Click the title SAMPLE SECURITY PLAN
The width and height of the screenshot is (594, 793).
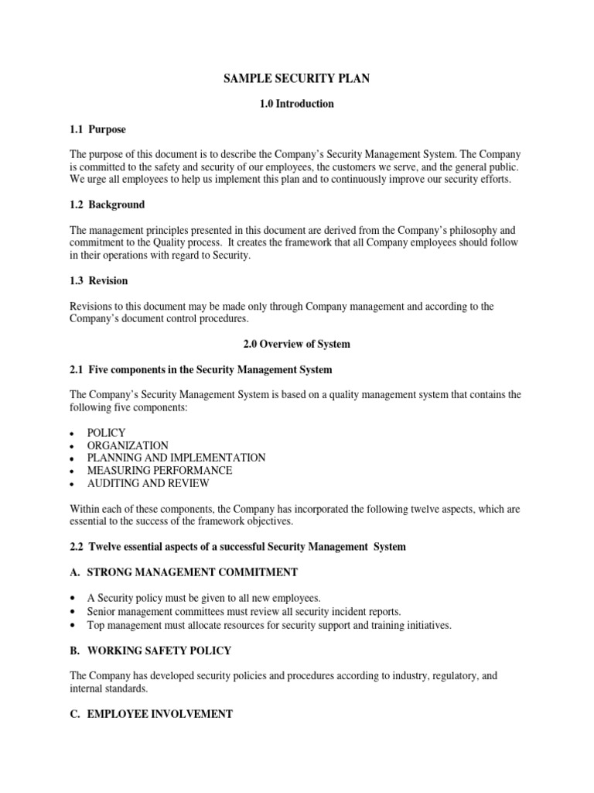(x=296, y=78)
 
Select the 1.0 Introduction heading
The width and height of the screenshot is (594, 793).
(x=297, y=104)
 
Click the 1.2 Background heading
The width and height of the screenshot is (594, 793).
(x=107, y=205)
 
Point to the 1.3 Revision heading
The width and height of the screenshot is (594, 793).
(x=99, y=280)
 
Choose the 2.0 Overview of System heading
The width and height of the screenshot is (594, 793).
(x=296, y=344)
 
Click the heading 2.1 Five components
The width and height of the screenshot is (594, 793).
(x=201, y=369)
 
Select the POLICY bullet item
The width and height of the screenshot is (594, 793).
(x=106, y=433)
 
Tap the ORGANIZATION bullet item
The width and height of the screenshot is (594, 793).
(x=128, y=445)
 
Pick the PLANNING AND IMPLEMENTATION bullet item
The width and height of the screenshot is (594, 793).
(x=176, y=458)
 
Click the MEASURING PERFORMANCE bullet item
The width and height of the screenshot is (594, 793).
(x=159, y=470)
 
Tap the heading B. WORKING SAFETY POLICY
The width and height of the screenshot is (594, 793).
(x=155, y=651)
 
